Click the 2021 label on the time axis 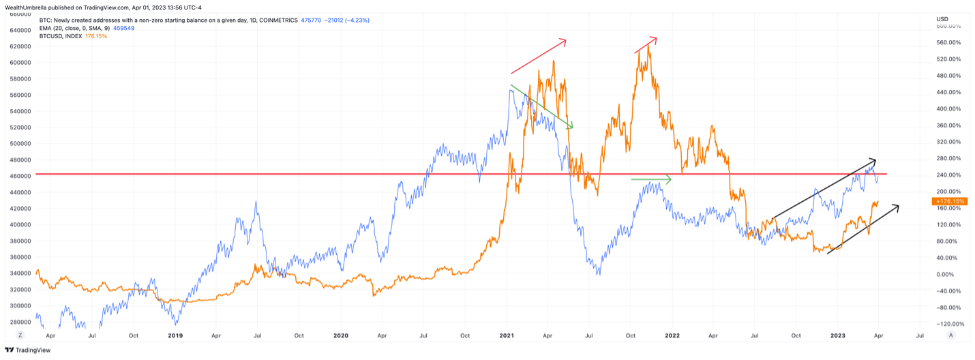(507, 335)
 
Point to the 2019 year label (175, 335)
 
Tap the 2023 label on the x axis (838, 335)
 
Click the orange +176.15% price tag (948, 202)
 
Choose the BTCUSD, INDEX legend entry (61, 35)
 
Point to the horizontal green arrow (651, 179)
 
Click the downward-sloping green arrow (541, 106)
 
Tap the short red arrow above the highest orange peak (646, 44)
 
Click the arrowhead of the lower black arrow (896, 207)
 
